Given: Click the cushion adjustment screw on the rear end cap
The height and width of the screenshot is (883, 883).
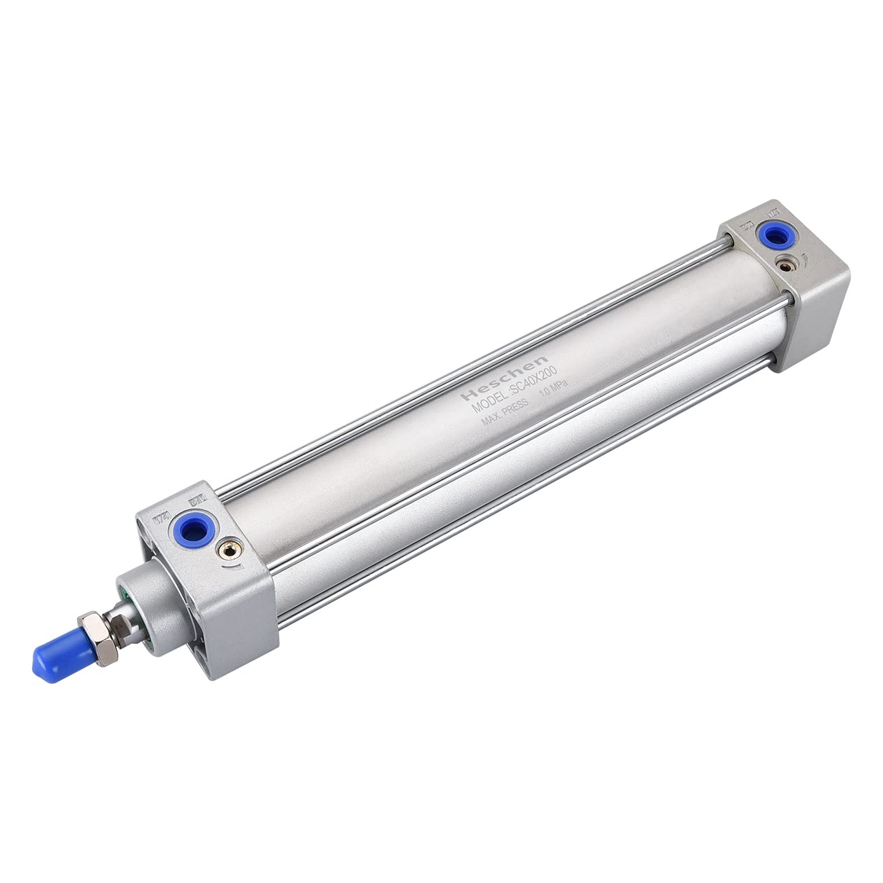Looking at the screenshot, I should pyautogui.click(x=789, y=267).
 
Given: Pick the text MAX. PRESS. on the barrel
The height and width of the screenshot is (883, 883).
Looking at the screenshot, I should pyautogui.click(x=504, y=418).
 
